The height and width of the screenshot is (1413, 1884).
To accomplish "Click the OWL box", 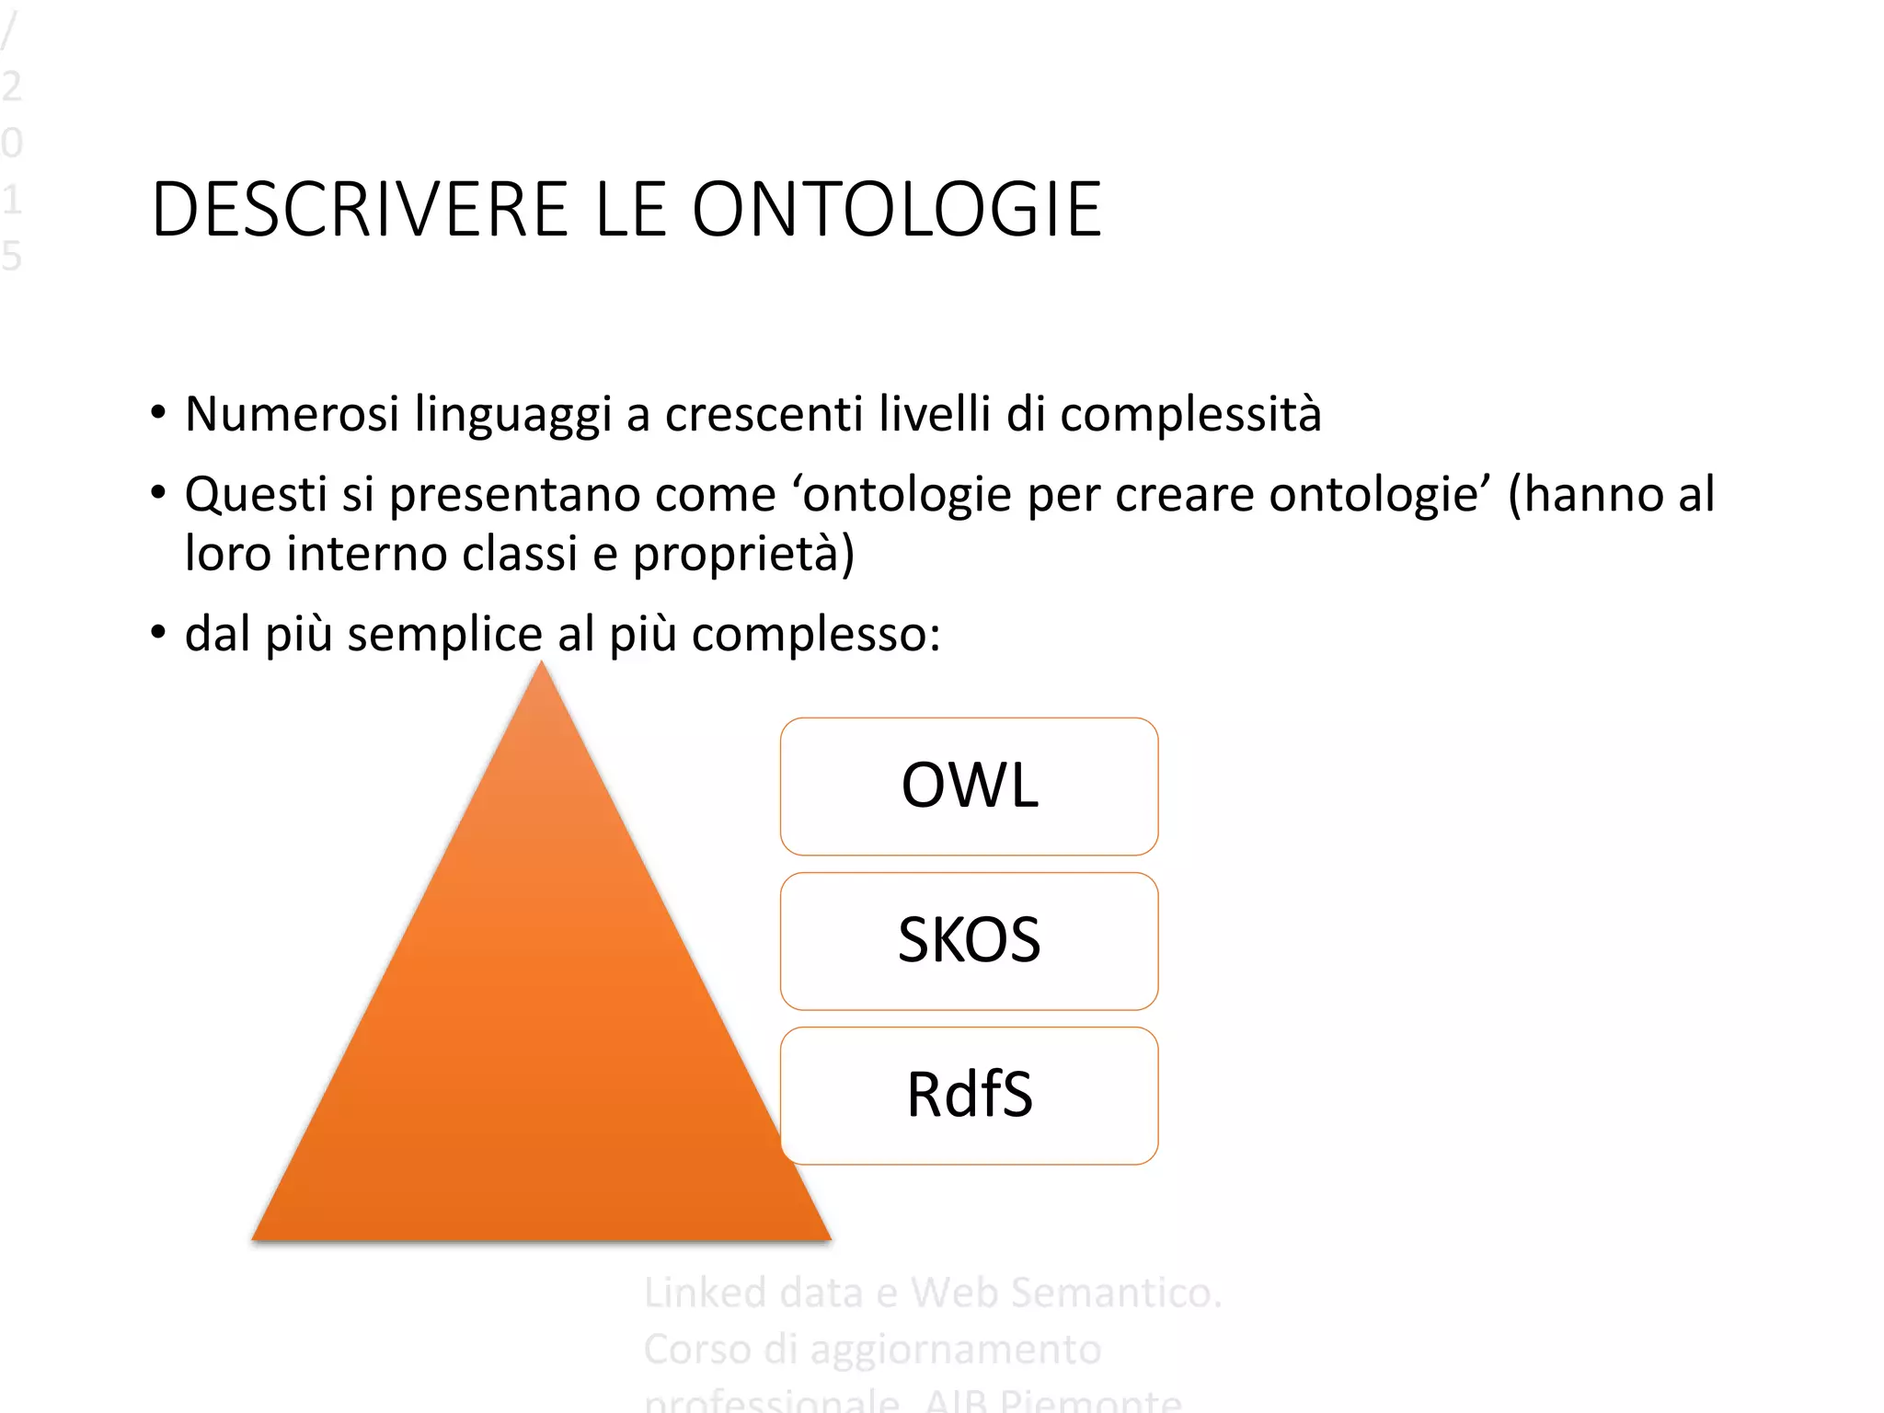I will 969,787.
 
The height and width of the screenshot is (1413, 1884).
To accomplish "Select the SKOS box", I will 969,940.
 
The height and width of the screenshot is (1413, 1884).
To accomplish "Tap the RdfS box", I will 969,1095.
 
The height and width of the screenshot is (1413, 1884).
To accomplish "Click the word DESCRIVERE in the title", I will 360,210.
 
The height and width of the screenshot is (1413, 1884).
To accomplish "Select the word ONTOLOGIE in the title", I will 896,210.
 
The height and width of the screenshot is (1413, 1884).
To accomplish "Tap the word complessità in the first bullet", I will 1190,415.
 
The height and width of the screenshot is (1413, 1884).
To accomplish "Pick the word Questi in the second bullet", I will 256,495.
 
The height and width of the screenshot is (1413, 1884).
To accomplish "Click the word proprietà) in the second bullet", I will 743,555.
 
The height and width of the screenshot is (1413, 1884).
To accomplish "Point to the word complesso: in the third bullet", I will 816,635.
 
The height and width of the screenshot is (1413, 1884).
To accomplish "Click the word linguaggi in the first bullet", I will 512,415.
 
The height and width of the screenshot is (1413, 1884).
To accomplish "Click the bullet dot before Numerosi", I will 158,412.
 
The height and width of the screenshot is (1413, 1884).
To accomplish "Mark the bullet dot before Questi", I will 158,492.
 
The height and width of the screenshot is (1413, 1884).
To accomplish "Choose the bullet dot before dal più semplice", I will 158,632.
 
